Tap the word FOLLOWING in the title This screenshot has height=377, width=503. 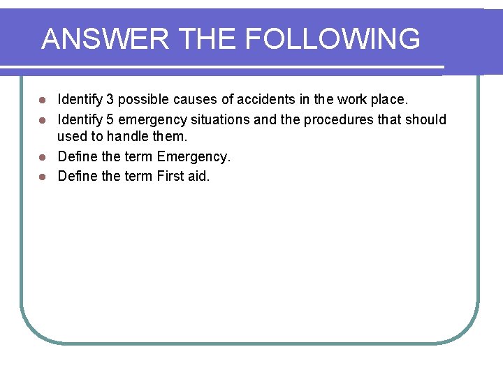tap(333, 39)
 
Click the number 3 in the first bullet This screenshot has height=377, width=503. tap(110, 101)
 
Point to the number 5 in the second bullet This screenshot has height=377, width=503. tap(110, 119)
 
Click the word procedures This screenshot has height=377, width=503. tap(338, 119)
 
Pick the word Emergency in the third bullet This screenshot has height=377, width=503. tap(194, 157)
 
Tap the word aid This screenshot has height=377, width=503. tap(199, 176)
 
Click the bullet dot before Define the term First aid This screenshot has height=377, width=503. tap(43, 177)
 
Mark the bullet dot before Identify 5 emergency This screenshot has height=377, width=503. tap(43, 120)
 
